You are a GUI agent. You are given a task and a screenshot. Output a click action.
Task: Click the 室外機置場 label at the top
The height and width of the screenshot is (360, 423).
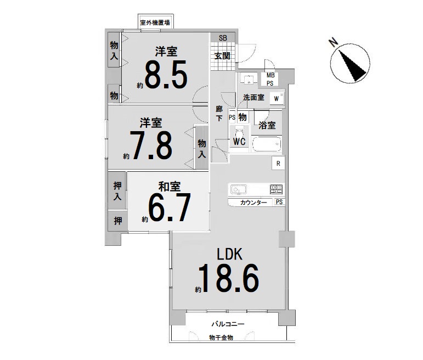click(155, 22)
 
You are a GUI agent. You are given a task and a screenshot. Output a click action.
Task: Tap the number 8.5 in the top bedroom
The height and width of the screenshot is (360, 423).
click(166, 75)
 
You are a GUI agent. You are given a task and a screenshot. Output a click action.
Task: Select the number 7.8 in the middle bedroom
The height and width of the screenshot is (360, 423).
click(151, 145)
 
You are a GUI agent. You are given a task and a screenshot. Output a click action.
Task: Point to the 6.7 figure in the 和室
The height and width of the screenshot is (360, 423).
click(170, 207)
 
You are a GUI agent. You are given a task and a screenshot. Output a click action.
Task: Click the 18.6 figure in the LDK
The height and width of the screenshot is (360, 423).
click(229, 278)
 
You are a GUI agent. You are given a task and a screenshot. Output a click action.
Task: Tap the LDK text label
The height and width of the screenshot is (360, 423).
click(230, 254)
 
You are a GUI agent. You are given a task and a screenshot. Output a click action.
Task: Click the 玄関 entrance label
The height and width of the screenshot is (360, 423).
click(223, 56)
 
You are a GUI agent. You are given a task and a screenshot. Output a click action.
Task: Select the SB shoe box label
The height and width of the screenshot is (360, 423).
click(223, 38)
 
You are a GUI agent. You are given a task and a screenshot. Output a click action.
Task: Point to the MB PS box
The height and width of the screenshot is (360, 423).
click(270, 80)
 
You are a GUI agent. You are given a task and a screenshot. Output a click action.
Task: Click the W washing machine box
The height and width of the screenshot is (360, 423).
click(277, 98)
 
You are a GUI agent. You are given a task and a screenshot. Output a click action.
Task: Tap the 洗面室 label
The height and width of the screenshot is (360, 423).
click(253, 98)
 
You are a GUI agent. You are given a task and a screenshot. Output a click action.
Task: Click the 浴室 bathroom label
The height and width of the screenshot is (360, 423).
click(267, 125)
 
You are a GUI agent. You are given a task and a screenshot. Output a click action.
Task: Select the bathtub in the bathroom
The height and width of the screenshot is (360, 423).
click(267, 144)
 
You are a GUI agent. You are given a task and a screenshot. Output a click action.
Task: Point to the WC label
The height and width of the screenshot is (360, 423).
click(239, 142)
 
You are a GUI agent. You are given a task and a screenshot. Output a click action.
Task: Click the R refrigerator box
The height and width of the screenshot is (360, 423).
click(278, 164)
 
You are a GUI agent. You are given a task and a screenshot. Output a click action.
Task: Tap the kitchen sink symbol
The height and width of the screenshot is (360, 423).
click(239, 189)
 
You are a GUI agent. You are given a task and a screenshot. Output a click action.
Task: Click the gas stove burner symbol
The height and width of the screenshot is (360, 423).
click(277, 189)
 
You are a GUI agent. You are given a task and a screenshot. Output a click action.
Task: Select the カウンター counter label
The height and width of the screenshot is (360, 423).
click(253, 203)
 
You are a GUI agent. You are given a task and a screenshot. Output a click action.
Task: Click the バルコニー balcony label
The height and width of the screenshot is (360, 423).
click(228, 324)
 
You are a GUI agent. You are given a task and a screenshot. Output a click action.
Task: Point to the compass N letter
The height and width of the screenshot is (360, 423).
click(334, 42)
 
